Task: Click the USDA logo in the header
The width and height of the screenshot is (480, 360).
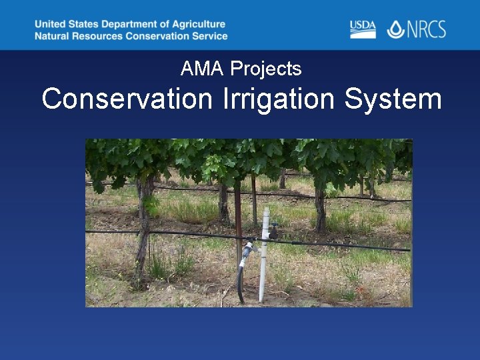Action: click(x=363, y=29)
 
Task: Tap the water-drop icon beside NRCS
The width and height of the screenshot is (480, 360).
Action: click(x=395, y=29)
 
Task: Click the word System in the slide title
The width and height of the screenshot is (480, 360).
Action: click(x=393, y=99)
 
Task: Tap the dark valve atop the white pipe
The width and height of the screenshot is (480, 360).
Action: click(x=273, y=231)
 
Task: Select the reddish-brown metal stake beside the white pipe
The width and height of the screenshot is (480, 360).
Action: click(x=238, y=220)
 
